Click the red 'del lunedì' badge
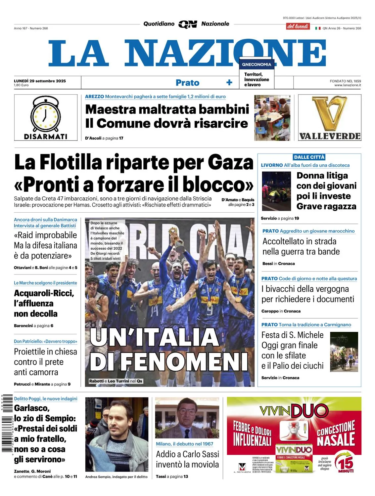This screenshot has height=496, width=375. (298, 26)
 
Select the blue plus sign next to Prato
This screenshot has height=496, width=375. (229, 82)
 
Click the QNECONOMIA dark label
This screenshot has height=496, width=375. (257, 64)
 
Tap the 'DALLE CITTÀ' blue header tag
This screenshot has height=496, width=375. (309, 157)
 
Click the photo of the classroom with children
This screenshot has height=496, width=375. (272, 118)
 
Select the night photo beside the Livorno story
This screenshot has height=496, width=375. (276, 191)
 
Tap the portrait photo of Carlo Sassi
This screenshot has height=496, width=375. (187, 418)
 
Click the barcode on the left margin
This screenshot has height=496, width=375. (7, 423)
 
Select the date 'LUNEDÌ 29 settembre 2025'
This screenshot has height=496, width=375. (40, 81)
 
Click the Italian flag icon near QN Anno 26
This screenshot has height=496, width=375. (318, 28)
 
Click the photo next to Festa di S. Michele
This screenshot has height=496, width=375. (344, 351)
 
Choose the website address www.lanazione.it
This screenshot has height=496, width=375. (348, 85)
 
